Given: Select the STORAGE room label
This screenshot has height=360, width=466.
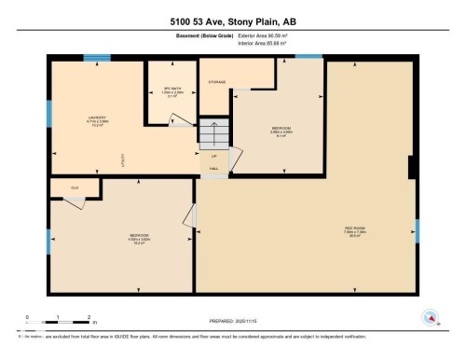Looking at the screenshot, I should coord(218,82).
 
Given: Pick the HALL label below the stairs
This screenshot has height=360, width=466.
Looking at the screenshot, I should coord(213,168).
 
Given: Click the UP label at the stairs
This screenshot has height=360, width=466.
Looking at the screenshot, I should coord(213,155).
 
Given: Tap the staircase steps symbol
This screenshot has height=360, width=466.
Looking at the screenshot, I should coord(213,135).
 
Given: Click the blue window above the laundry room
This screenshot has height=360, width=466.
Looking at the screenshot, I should coord(96,58).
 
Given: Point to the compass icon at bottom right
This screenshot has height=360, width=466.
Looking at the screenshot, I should coord(431,318).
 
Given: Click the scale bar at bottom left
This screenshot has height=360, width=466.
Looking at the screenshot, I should coord(58,318).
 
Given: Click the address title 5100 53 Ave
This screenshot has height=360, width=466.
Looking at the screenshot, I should coord(233,21).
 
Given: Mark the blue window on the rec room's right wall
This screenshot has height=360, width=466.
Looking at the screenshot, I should coord(418,228).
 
